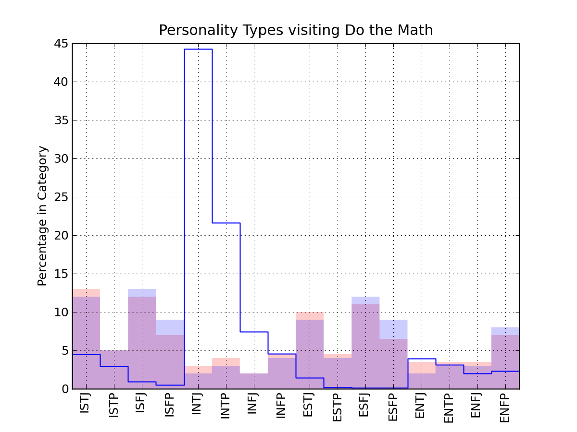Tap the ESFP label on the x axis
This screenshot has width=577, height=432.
[393, 407]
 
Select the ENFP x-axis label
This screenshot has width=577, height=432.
[505, 407]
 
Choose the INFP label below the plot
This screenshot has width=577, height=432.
[282, 406]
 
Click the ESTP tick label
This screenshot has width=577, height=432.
[338, 407]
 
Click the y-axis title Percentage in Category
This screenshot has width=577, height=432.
[43, 216]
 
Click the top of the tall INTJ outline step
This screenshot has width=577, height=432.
[198, 49]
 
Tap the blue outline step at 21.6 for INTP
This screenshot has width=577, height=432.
[226, 223]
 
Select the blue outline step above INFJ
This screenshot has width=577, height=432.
[254, 332]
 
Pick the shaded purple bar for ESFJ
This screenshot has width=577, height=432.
[365, 346]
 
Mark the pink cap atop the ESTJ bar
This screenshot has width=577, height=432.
[310, 316]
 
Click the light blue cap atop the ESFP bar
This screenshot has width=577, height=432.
[393, 329]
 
